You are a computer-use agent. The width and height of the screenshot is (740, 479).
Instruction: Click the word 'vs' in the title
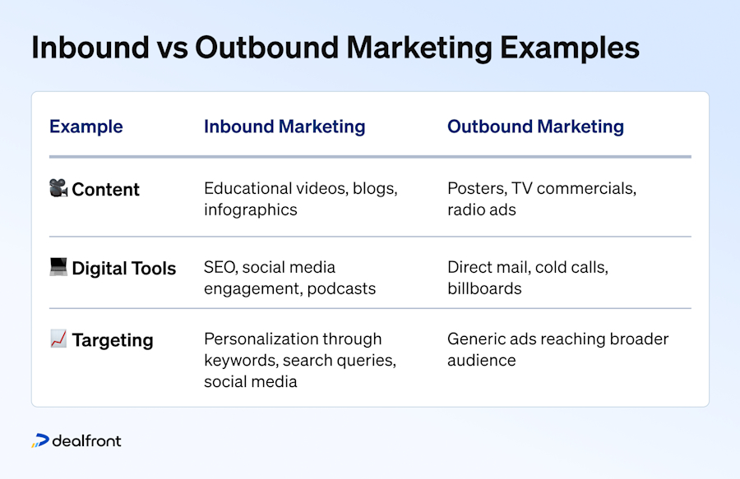coord(173,48)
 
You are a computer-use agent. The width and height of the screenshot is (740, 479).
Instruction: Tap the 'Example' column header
coord(86,127)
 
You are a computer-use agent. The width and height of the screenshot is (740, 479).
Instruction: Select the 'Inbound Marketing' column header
coord(284,127)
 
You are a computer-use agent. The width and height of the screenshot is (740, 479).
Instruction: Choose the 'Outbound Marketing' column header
coord(535,127)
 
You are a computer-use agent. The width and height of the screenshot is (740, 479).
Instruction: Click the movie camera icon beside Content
coord(58,187)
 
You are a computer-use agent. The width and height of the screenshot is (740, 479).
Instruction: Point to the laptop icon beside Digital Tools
coord(58,266)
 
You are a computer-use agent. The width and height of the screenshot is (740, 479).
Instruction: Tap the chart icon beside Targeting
coord(58,339)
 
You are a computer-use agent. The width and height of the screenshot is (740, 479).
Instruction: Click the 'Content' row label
coord(105,190)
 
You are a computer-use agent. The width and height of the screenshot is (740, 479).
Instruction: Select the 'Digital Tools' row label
coord(123,269)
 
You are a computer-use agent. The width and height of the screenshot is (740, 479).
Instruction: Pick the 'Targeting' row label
coord(113,340)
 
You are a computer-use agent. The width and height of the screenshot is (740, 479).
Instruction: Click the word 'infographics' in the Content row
coord(251,210)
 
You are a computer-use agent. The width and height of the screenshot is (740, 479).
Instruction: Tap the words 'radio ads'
coord(482,210)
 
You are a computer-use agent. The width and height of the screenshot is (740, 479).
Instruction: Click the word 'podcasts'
coord(341,288)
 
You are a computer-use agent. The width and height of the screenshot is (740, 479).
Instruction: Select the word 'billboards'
coord(484,288)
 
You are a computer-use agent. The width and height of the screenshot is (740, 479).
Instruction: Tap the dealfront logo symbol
coord(40,440)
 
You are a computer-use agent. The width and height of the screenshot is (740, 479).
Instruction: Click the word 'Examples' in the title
coord(570,49)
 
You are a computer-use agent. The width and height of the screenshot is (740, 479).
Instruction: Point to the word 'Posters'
coord(477,189)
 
